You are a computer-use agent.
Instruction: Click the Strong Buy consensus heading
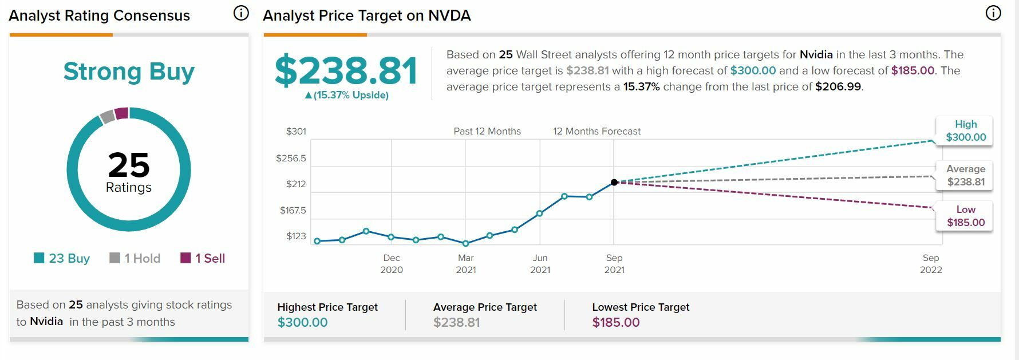pyautogui.click(x=129, y=72)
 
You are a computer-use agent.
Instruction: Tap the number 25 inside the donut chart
pyautogui.click(x=129, y=165)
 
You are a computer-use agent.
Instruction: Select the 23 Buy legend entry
pyautogui.click(x=62, y=258)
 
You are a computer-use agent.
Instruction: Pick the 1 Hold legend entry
pyautogui.click(x=135, y=258)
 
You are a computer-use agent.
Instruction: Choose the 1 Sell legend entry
pyautogui.click(x=203, y=258)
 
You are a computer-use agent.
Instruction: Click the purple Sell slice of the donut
pyautogui.click(x=121, y=113)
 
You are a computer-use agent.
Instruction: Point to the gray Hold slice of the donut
pyautogui.click(x=107, y=116)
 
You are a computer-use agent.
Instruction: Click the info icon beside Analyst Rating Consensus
pyautogui.click(x=241, y=13)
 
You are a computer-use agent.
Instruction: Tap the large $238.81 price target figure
pyautogui.click(x=346, y=71)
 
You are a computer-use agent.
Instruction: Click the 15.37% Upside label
pyautogui.click(x=347, y=95)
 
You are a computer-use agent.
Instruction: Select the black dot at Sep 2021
pyautogui.click(x=614, y=182)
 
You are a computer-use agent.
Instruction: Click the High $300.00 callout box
pyautogui.click(x=965, y=131)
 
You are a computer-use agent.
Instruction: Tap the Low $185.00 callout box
pyautogui.click(x=965, y=216)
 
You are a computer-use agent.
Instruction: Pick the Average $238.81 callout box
pyautogui.click(x=965, y=176)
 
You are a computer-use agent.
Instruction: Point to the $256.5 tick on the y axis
pyautogui.click(x=291, y=158)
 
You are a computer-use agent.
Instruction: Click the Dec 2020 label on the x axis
pyautogui.click(x=392, y=264)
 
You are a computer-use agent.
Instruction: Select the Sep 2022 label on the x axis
pyautogui.click(x=931, y=264)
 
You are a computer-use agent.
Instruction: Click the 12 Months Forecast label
pyautogui.click(x=597, y=131)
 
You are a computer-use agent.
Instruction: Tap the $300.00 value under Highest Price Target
pyautogui.click(x=302, y=322)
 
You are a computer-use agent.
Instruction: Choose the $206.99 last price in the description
pyautogui.click(x=838, y=87)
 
